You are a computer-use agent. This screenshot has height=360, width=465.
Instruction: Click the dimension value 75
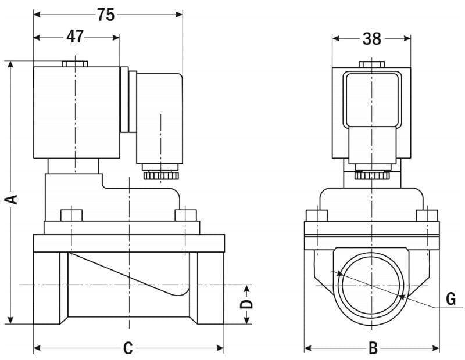tap(106, 15)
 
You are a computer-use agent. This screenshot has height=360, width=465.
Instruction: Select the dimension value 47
tap(75, 37)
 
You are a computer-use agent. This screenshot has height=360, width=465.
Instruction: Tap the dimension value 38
tap(371, 38)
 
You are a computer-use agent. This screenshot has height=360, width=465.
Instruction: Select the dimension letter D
tap(247, 304)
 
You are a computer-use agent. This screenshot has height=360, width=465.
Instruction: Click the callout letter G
tap(450, 300)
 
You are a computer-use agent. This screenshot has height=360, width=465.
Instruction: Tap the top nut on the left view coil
tap(75, 63)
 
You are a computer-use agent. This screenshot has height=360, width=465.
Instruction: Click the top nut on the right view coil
tap(371, 64)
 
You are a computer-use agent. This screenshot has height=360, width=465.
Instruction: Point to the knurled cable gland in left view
tap(159, 173)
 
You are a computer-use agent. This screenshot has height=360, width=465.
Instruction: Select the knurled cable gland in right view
tap(371, 173)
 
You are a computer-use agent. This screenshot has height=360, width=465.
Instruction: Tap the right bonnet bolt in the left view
tap(185, 214)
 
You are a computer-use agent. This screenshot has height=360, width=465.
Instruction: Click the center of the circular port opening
tap(371, 285)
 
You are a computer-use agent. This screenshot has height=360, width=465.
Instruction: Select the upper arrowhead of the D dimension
tap(247, 289)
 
